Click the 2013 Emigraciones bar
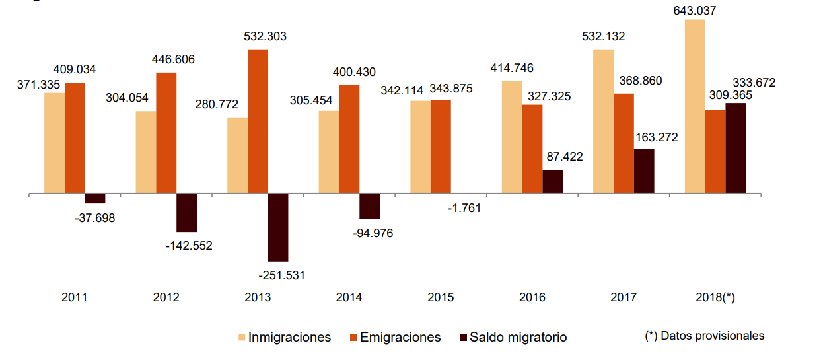pos(258,122)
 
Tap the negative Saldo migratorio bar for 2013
pos(278,227)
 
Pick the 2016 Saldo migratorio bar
pos(553,182)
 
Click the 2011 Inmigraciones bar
pos(55,143)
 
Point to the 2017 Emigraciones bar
pos(624,144)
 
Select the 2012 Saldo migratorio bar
pos(187,213)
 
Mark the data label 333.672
pos(754,83)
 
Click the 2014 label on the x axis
pos(349,297)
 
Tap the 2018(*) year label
pos(715,297)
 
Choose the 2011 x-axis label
pos(75,297)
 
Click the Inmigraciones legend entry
pos(289,337)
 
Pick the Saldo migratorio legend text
pos(518,337)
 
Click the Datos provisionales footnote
pos(705,336)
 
